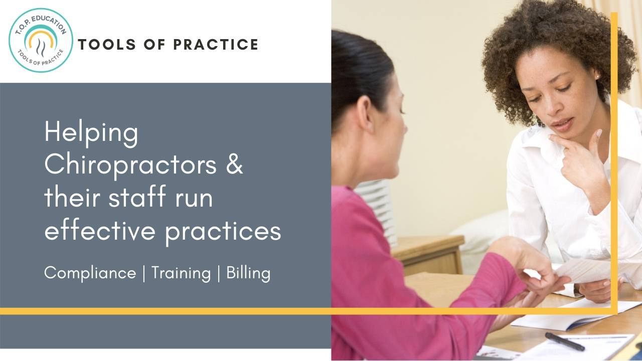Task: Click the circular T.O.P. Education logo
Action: pyautogui.click(x=41, y=40)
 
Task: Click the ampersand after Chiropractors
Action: pyautogui.click(x=234, y=164)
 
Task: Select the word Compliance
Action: pyautogui.click(x=90, y=273)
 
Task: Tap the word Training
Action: pyautogui.click(x=181, y=274)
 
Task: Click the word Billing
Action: pyautogui.click(x=248, y=273)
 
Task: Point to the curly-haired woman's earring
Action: pyautogui.click(x=597, y=76)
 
